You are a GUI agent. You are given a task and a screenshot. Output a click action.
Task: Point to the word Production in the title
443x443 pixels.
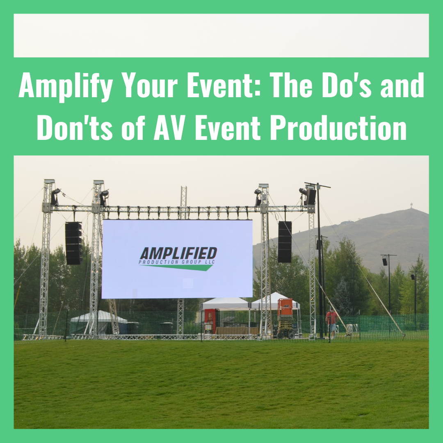click(x=338, y=128)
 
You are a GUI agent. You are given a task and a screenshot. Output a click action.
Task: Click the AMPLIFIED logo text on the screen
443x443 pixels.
click(x=178, y=253)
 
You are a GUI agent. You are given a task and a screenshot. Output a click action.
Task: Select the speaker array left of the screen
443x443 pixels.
click(x=74, y=243)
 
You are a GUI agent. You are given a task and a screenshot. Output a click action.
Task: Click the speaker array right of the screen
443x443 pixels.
click(x=285, y=242)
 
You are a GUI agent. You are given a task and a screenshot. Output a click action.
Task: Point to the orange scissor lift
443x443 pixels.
click(x=286, y=318)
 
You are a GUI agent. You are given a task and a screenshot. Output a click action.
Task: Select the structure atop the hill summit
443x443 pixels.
click(x=411, y=206)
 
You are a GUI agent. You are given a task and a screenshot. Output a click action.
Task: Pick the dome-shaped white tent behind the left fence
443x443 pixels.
click(x=98, y=322)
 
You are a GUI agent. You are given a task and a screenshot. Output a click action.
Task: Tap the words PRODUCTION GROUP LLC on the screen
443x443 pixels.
click(x=176, y=262)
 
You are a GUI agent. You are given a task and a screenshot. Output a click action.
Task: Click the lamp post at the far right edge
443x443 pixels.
click(x=415, y=294)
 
